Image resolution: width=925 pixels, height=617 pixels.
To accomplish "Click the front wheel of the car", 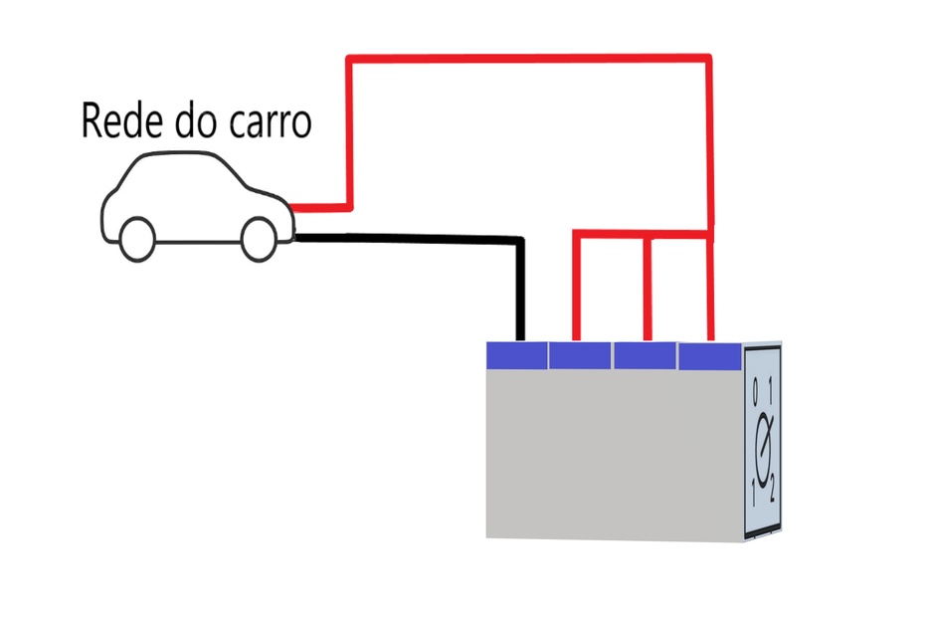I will click(x=137, y=237).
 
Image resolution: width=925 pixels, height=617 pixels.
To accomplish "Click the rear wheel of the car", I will click(x=260, y=236).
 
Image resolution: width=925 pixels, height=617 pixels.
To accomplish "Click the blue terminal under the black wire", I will click(x=516, y=354).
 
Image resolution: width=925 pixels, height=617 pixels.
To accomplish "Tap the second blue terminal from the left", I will click(x=579, y=354).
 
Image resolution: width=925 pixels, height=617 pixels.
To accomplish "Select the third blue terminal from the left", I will click(x=644, y=354).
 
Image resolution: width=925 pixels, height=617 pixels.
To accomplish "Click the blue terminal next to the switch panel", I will click(x=709, y=354).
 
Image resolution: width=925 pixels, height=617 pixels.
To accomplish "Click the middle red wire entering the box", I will click(x=647, y=289).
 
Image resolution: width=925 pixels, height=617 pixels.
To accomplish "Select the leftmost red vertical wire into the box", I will click(x=576, y=289).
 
